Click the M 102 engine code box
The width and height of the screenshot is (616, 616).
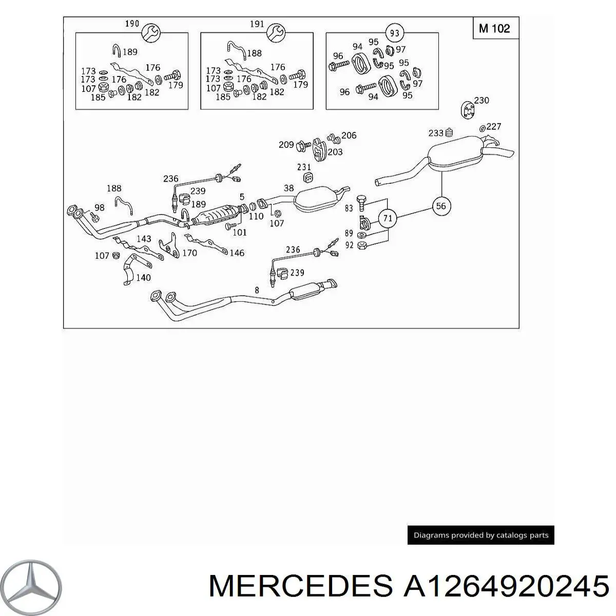[x=495, y=28]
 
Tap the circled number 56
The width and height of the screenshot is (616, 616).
[x=441, y=206]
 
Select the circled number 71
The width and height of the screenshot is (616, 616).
[x=388, y=218]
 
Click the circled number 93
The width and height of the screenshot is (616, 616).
[x=394, y=34]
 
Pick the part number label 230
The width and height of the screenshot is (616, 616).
[x=482, y=101]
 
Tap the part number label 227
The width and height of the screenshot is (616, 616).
[x=493, y=126]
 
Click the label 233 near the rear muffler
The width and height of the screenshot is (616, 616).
[x=436, y=133]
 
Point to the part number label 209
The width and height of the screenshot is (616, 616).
[x=286, y=145]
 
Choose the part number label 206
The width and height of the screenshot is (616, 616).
[x=349, y=136]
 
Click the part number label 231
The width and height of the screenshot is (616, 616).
[x=304, y=167]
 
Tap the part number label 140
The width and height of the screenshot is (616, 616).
[x=143, y=278]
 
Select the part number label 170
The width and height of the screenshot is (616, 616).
[x=189, y=253]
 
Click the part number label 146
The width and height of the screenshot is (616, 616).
[x=237, y=253]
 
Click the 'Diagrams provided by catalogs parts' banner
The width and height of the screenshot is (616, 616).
[x=480, y=535]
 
